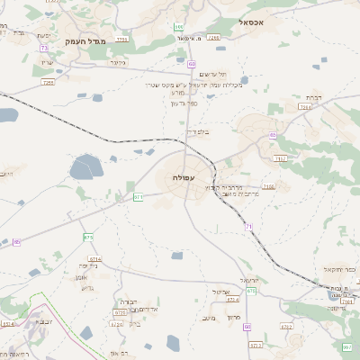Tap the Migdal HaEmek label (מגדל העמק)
[85, 41]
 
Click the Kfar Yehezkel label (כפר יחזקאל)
[340, 269]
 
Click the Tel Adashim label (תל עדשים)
[211, 74]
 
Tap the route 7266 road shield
[213, 39]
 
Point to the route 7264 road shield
[305, 107]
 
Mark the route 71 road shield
[248, 227]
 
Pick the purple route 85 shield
[16, 241]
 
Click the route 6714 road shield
[94, 259]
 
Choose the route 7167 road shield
[280, 158]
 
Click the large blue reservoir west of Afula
[86, 167]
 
